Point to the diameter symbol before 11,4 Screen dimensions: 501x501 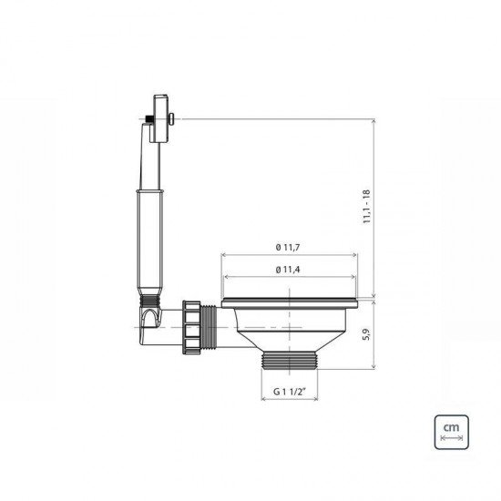point(276,270)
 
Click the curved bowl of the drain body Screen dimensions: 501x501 point(291,323)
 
